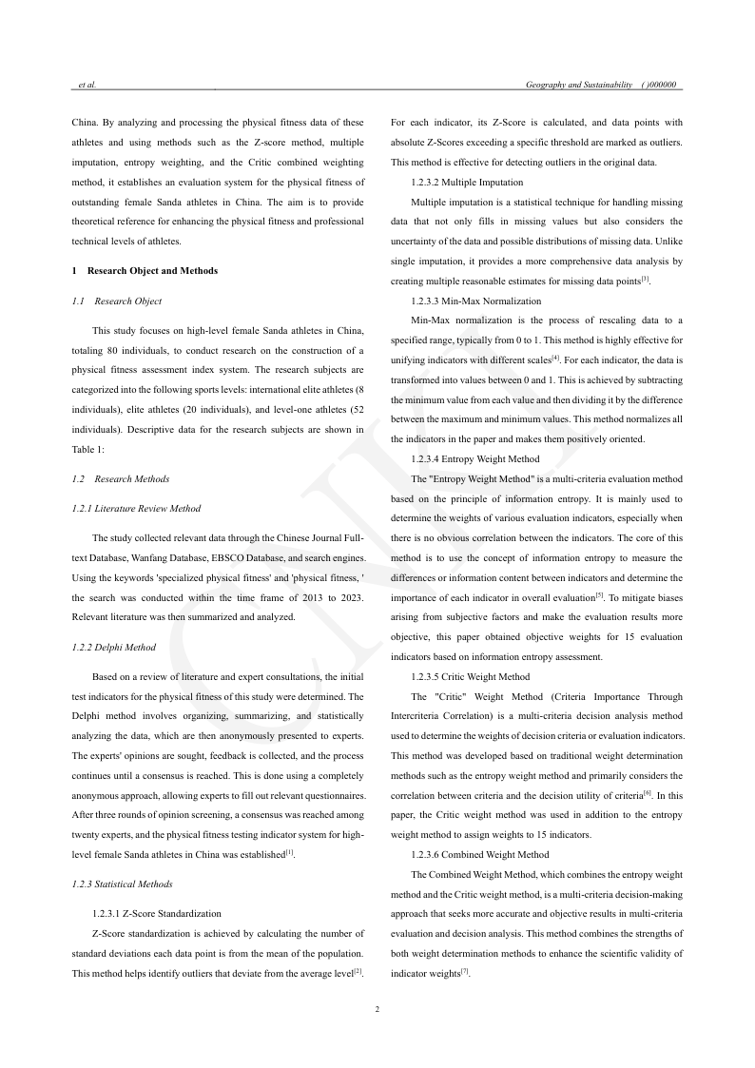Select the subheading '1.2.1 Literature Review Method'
click(x=136, y=509)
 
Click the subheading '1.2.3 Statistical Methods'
click(x=123, y=884)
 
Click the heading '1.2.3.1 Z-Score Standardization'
click(x=156, y=913)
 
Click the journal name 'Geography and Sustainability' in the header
click(x=579, y=86)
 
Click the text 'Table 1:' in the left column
click(x=87, y=447)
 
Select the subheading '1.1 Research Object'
click(x=117, y=301)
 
